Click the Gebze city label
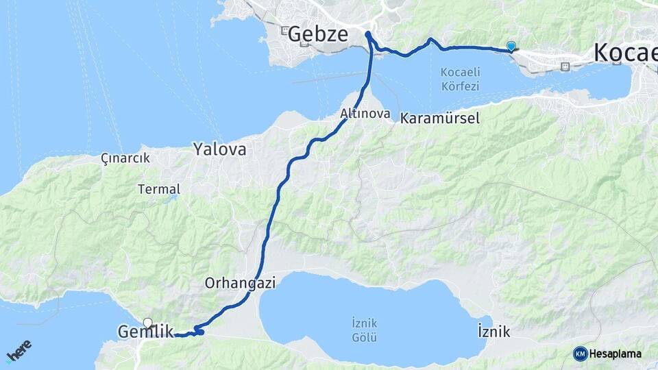(x=318, y=34)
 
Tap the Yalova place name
(x=219, y=149)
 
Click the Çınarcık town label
(x=125, y=158)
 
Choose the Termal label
(x=159, y=189)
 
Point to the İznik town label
(x=493, y=332)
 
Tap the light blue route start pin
(x=511, y=46)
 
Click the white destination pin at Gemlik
(x=147, y=322)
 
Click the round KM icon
(x=580, y=354)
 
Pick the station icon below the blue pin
(x=565, y=66)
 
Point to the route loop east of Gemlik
(x=199, y=332)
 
